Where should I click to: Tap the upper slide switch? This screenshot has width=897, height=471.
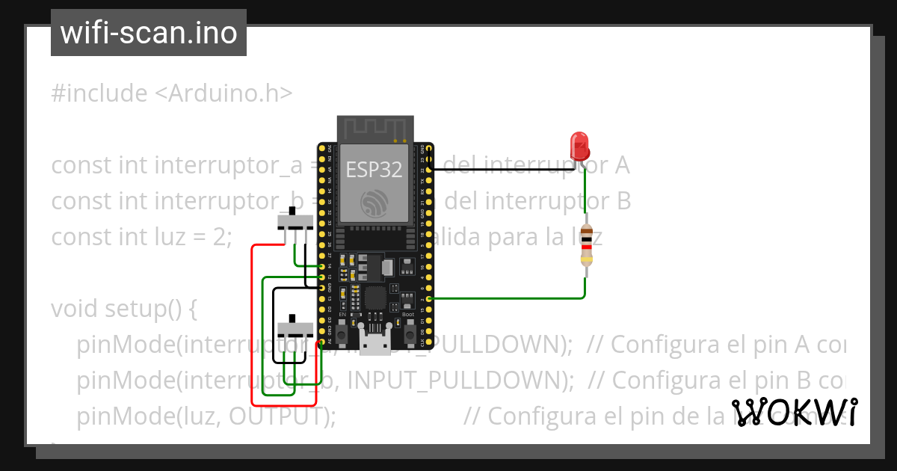296,221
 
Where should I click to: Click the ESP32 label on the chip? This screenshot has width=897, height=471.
374,170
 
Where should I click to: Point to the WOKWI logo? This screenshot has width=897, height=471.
795,412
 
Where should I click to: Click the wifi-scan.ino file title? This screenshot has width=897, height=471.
149,33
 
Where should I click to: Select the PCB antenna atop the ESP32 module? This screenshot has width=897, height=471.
374,129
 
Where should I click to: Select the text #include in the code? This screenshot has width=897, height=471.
99,93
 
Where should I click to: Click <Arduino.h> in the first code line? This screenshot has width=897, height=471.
224,93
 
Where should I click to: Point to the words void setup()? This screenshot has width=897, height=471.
124,308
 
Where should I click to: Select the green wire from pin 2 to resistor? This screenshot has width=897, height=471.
508,298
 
